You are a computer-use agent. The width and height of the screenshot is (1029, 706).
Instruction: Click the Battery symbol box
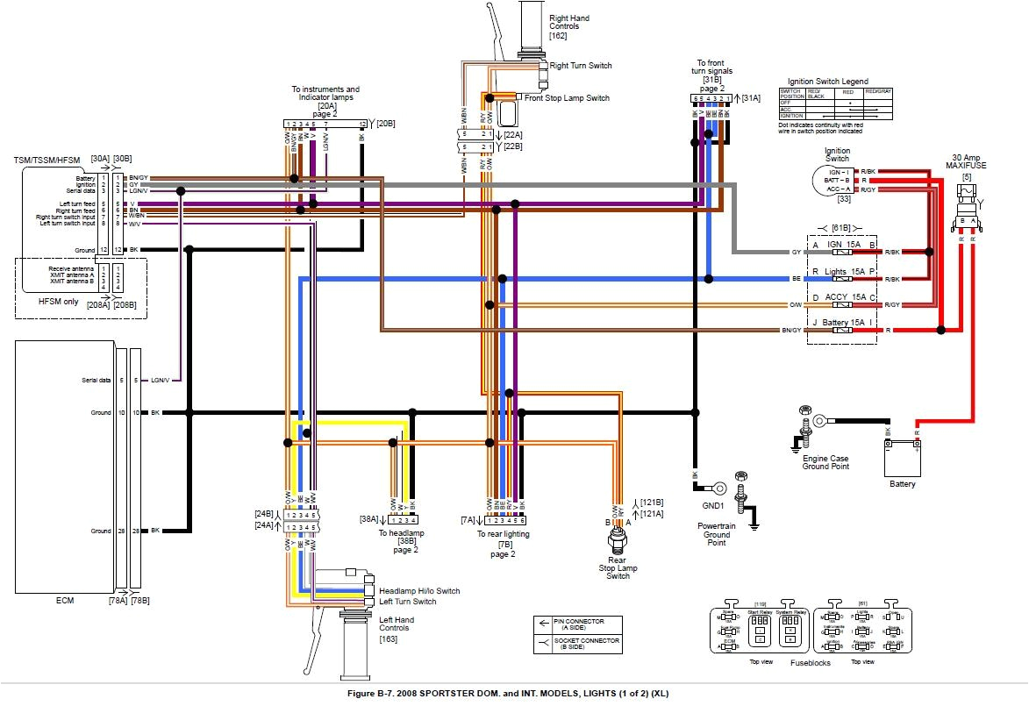[903, 457]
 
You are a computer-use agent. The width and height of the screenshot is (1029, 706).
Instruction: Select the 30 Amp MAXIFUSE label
[966, 163]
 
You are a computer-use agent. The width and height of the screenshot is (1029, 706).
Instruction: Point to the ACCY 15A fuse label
[841, 297]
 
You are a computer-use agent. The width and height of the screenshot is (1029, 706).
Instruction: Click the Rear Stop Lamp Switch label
[618, 567]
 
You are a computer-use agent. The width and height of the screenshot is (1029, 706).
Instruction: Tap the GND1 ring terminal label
[712, 506]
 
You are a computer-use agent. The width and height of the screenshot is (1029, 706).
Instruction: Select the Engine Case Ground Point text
[825, 461]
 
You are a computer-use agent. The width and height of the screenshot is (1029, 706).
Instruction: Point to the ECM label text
[64, 601]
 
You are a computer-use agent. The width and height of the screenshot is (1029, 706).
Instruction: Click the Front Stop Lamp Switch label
[567, 98]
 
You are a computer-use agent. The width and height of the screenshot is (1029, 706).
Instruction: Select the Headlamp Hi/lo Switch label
[418, 590]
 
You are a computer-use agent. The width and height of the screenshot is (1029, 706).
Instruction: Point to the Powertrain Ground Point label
[717, 534]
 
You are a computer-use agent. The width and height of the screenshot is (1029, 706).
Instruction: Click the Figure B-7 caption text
[514, 693]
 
